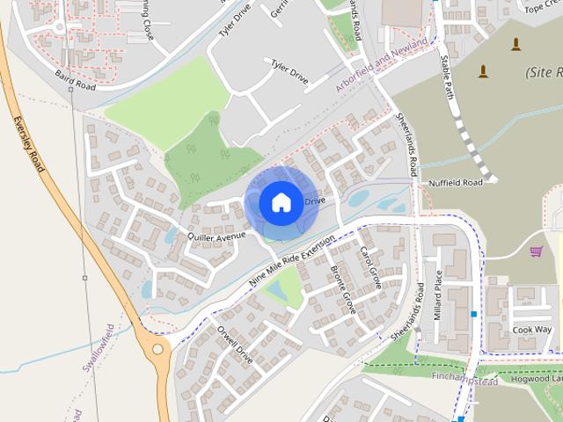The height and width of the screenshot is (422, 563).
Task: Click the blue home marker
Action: click(x=280, y=202)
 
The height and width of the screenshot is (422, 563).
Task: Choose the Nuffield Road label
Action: click(x=456, y=183)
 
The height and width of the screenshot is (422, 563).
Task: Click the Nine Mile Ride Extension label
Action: click(x=293, y=260)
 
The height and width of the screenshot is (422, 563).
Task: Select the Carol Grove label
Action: click(x=369, y=269)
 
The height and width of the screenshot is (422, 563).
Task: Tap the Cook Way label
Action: click(x=532, y=330)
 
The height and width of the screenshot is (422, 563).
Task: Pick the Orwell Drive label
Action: click(x=235, y=346)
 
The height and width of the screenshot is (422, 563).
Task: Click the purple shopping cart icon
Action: click(x=536, y=251)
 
